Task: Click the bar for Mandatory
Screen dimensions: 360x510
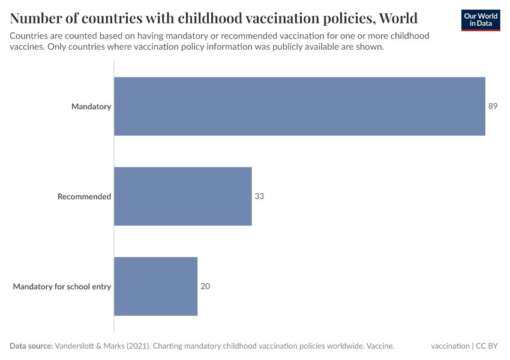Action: tap(299, 106)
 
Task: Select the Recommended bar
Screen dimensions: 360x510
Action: tap(183, 196)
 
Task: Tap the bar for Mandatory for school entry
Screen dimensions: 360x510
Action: tap(155, 286)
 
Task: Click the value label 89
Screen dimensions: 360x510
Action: tap(493, 106)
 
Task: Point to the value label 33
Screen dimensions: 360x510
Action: tap(259, 196)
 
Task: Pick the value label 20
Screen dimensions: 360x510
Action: tap(205, 286)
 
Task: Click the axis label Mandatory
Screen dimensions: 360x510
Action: tap(91, 106)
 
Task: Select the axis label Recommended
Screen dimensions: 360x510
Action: tap(84, 196)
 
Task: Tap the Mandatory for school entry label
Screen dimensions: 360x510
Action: tap(62, 286)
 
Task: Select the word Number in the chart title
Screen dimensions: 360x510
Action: tap(34, 17)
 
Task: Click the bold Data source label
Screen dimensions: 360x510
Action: tap(31, 346)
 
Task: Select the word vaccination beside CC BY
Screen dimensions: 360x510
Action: tap(450, 346)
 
